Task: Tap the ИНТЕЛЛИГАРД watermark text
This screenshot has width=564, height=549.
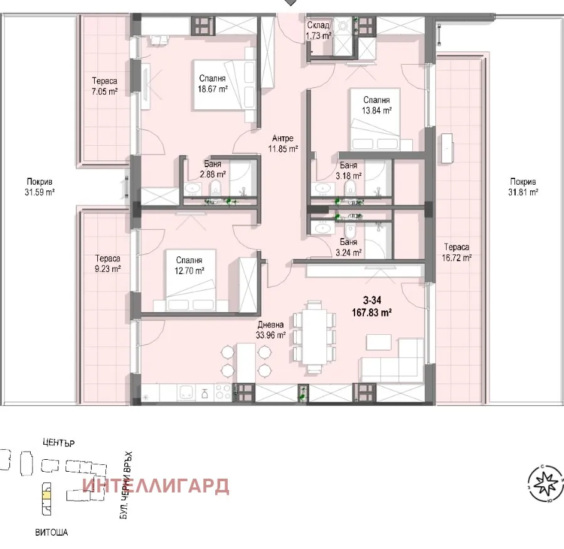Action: click(x=156, y=486)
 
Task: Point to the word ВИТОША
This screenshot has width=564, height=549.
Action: click(x=51, y=532)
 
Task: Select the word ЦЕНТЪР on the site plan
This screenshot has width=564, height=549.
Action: click(x=59, y=443)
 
